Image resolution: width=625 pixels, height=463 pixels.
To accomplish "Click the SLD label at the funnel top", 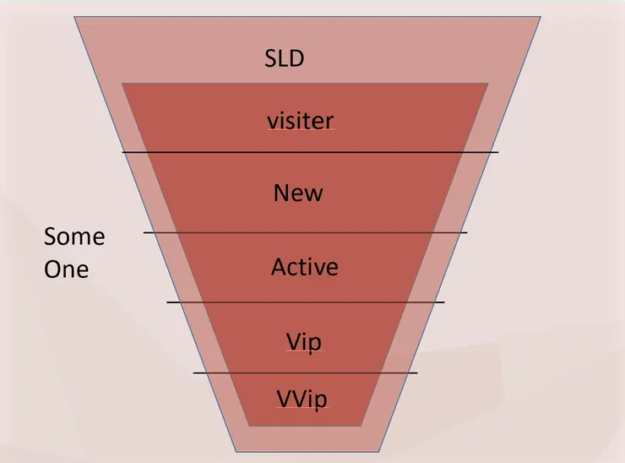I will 284,59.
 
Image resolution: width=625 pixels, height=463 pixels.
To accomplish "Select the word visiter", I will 300,121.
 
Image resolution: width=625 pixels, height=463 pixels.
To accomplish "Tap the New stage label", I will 298,193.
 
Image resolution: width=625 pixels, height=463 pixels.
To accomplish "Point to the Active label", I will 304,268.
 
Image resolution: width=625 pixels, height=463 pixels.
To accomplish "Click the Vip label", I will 303,342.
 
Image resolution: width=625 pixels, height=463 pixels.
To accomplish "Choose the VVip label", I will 302,397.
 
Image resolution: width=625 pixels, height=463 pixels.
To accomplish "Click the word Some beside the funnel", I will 74,237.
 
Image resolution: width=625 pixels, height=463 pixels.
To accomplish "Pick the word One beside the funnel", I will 66,270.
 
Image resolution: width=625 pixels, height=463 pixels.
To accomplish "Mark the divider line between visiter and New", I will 310,152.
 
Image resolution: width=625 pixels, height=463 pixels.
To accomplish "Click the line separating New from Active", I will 305,232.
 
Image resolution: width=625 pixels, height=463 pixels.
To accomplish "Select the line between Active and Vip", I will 305,302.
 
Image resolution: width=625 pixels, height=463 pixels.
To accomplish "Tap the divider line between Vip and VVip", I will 305,373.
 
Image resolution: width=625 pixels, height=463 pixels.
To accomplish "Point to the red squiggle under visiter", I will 300,132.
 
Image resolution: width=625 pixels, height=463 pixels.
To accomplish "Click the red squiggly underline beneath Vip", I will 303,353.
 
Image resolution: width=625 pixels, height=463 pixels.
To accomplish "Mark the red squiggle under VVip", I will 302,408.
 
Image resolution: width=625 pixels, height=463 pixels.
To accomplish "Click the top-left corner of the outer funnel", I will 75,17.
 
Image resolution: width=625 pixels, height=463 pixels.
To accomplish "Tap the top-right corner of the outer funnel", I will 541,17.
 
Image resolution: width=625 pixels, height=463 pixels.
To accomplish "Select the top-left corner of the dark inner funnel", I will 123,84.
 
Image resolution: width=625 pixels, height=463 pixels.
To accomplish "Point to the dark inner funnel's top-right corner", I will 488,84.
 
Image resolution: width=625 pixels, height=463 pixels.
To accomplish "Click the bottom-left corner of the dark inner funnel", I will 247,426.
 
